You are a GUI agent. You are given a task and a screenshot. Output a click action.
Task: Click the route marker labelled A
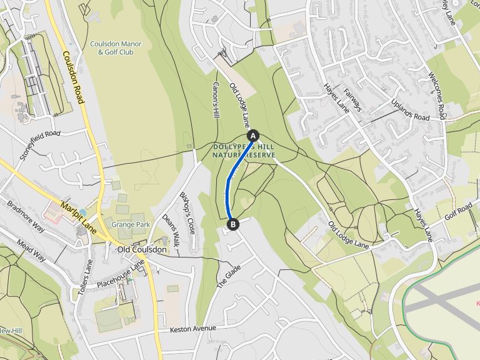point(253,135)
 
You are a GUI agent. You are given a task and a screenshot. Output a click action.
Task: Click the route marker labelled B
point(232,224)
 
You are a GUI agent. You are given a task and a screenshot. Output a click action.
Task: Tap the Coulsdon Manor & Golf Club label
point(116,48)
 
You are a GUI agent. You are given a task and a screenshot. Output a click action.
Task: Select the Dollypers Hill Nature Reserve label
point(244,151)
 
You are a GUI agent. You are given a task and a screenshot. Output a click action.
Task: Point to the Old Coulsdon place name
point(142,250)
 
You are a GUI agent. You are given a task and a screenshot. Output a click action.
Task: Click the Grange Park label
point(131,224)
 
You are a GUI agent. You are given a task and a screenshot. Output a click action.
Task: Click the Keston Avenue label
point(192,328)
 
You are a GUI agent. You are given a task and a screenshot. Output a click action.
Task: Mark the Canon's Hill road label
point(216,101)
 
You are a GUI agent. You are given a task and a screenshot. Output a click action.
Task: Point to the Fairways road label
point(352,99)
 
